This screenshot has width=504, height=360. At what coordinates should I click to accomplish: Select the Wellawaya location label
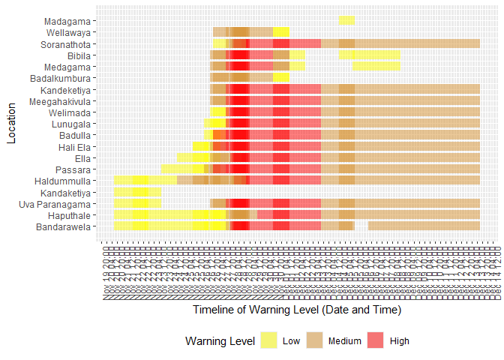(68, 32)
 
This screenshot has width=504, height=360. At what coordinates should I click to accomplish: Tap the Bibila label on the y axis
(79, 55)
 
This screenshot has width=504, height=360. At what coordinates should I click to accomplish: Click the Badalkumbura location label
(61, 78)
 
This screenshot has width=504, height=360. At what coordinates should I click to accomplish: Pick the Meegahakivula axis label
(60, 101)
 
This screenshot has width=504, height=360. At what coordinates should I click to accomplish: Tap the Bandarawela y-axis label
(64, 226)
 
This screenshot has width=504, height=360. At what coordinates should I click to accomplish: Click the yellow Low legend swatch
(268, 341)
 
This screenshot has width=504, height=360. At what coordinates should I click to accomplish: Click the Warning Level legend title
(220, 341)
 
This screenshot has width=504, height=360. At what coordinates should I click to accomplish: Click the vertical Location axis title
(10, 124)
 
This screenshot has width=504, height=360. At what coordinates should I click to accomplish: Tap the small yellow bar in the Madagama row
(346, 20)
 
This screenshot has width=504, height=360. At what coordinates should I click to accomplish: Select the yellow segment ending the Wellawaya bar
(280, 31)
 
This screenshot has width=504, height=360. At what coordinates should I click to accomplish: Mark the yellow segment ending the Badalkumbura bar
(280, 77)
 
